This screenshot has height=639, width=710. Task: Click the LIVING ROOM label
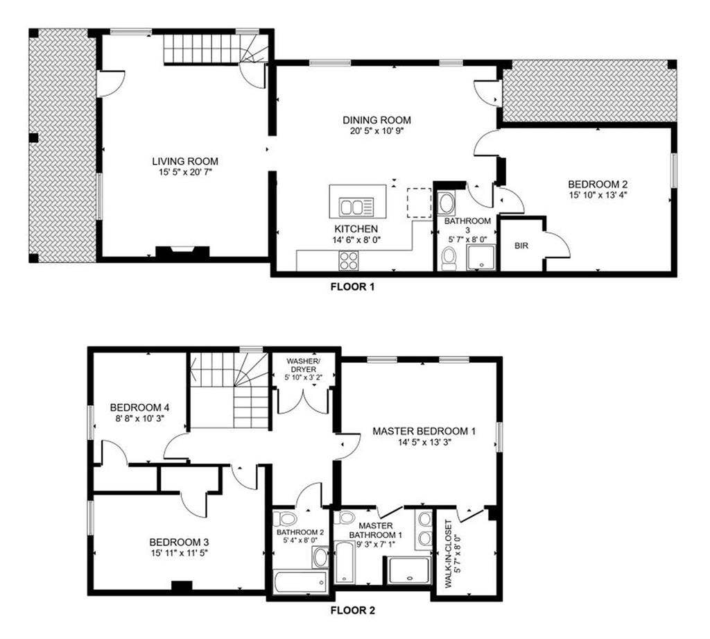[181, 162]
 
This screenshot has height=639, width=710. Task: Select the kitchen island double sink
[358, 206]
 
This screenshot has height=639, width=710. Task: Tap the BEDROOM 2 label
[598, 184]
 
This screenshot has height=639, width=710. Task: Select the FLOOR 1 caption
[352, 286]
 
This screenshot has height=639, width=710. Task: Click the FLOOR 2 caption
[352, 611]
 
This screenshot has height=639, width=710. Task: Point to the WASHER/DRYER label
[302, 364]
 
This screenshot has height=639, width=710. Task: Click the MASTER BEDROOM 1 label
[424, 431]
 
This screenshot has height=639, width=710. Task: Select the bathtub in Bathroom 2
[300, 581]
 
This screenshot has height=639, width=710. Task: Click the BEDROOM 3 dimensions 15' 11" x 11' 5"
[179, 553]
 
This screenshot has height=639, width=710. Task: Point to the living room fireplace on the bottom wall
[182, 253]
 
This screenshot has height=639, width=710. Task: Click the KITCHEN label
[357, 228]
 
